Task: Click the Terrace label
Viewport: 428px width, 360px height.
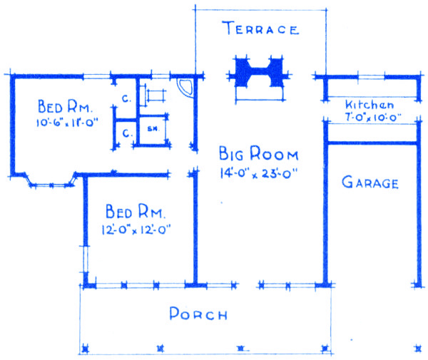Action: point(260,28)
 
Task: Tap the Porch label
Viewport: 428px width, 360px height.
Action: point(198,314)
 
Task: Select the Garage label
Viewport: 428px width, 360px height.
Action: point(370,182)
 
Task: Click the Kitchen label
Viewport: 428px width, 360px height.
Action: point(370,105)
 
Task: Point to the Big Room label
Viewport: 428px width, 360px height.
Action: point(258,153)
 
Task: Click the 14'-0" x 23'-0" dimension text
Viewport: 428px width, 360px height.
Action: point(258,173)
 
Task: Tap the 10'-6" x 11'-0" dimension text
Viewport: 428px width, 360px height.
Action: point(67,122)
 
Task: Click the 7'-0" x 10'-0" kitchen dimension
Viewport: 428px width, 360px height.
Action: point(373,118)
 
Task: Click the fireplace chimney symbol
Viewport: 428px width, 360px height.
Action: point(259,73)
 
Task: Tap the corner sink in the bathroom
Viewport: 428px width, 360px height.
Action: point(185,87)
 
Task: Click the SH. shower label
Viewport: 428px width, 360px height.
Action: point(153,129)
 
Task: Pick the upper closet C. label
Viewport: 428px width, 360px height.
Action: point(126,98)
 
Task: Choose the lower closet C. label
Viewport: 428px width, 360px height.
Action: point(127,133)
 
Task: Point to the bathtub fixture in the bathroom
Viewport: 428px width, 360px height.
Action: point(153,96)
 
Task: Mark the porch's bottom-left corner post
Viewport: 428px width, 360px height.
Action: point(86,349)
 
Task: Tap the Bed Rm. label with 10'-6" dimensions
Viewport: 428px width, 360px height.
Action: point(65,106)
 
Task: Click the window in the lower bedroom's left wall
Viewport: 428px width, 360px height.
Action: point(86,259)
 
